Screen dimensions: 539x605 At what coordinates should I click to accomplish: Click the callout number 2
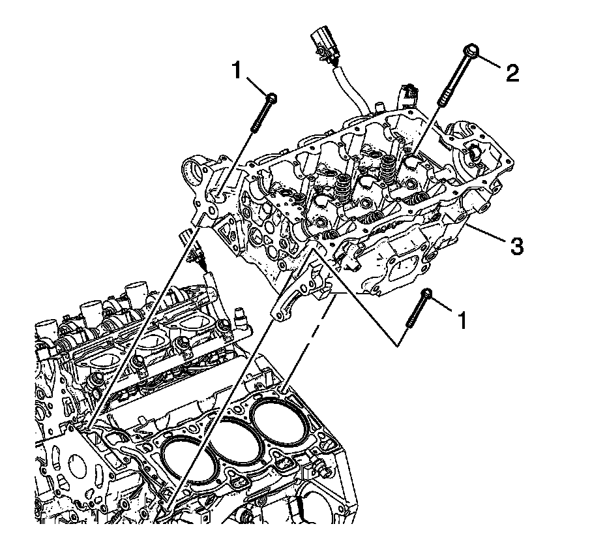512,72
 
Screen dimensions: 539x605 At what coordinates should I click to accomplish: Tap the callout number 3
516,246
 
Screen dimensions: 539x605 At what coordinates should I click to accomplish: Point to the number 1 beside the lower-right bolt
462,319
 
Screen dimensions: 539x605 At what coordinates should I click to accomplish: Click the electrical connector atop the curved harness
324,40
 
